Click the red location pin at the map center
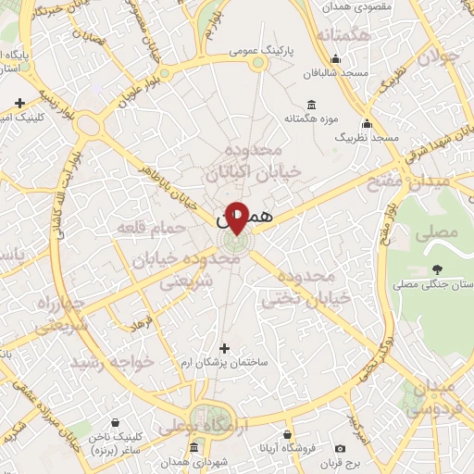[237, 217]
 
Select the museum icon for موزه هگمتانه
[308, 105]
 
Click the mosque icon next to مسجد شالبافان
[334, 71]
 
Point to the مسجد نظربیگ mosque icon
[367, 124]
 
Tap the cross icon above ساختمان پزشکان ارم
[224, 348]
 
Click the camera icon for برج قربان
[340, 447]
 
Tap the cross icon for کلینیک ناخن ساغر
[84, 432]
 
